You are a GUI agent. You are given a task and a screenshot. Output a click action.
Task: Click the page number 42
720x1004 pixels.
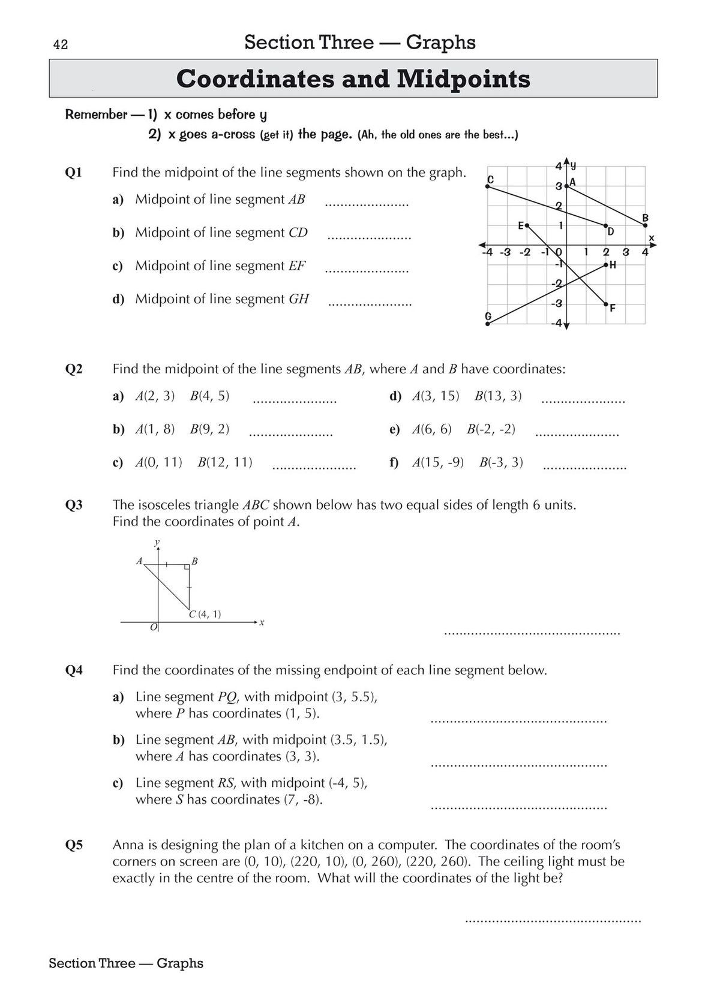60,44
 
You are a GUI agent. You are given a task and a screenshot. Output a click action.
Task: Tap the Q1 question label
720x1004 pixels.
73,173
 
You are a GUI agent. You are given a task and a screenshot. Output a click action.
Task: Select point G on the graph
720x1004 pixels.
488,324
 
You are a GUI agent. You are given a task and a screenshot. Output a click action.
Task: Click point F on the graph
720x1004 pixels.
606,304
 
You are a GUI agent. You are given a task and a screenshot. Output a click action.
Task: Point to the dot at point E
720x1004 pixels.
527,225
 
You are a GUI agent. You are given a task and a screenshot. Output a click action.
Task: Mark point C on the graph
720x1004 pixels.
488,186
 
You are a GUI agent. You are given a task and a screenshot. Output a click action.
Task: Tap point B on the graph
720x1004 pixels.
646,225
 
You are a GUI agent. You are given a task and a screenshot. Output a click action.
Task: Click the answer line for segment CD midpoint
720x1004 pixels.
369,238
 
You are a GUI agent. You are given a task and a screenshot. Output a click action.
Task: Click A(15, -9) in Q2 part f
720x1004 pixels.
438,463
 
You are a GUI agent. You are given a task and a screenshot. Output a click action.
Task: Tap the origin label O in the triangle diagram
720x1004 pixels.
154,627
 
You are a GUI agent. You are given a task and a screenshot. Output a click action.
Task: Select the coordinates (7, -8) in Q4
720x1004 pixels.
302,800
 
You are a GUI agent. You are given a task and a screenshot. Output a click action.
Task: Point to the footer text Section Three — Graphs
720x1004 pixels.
126,963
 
